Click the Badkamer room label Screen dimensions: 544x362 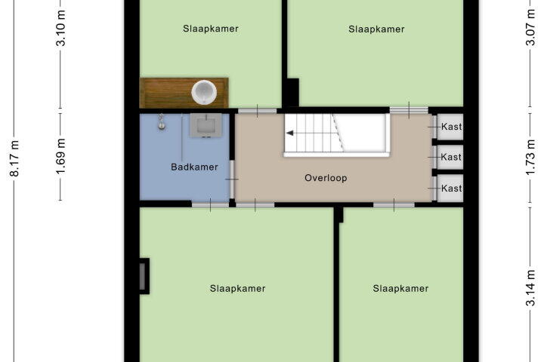click(x=194, y=167)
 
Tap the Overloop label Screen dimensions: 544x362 click(x=326, y=178)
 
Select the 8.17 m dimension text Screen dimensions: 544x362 click(x=14, y=158)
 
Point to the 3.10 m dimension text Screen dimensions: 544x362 click(x=60, y=28)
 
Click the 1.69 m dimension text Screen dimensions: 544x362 click(x=60, y=157)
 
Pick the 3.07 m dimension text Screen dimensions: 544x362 click(x=530, y=27)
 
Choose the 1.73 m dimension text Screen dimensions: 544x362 click(x=530, y=158)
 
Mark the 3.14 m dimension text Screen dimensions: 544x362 click(x=530, y=288)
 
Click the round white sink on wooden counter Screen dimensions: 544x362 click(x=204, y=92)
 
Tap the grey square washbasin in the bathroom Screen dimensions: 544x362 click(x=206, y=125)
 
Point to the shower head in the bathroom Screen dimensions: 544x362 click(x=162, y=122)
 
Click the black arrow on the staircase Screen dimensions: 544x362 click(x=290, y=133)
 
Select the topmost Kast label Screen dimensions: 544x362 click(x=451, y=127)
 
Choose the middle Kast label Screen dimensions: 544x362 click(x=451, y=158)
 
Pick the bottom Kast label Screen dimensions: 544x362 click(x=451, y=189)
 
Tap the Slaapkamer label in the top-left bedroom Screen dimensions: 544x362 click(x=211, y=29)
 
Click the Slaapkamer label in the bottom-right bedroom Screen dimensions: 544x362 click(x=400, y=289)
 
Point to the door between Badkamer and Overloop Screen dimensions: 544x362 click(x=232, y=179)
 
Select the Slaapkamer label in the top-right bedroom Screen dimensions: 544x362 click(x=376, y=29)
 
